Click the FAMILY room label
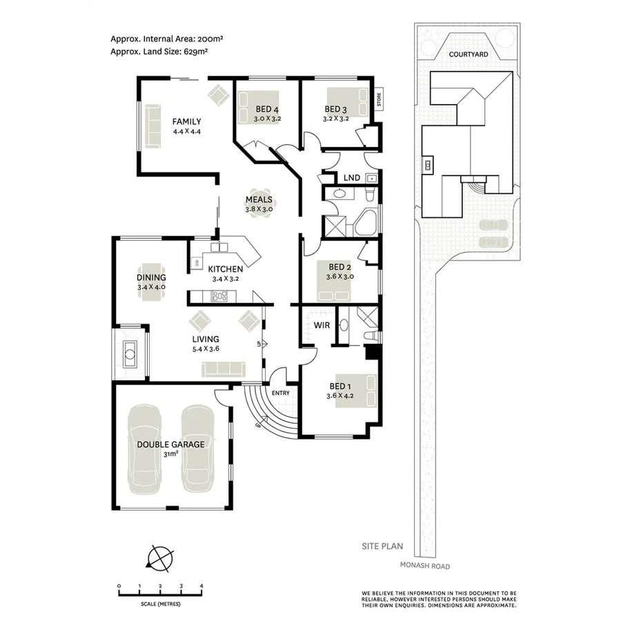(186, 121)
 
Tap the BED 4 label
(267, 109)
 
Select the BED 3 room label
(336, 109)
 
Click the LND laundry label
(351, 178)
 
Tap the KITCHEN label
(225, 269)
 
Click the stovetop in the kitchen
(219, 297)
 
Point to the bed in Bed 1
(356, 391)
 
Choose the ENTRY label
(282, 393)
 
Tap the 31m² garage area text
(170, 454)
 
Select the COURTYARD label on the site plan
(468, 54)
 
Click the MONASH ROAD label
(424, 566)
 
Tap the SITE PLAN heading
(383, 546)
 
